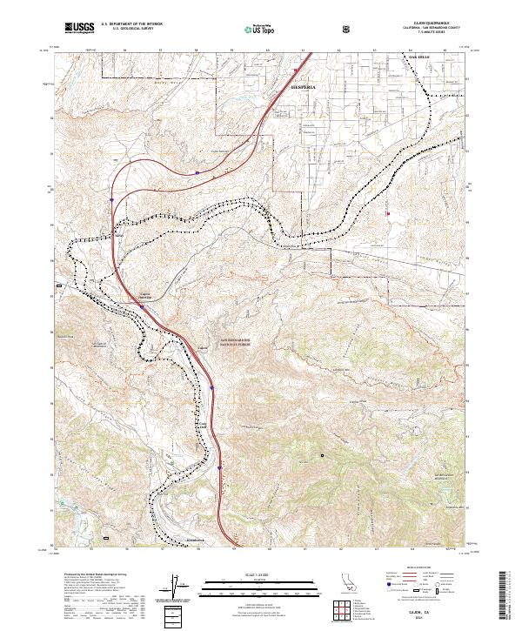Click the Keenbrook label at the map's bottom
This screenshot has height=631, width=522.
(198, 540)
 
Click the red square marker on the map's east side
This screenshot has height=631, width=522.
(388, 214)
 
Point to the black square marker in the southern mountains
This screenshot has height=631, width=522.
(322, 454)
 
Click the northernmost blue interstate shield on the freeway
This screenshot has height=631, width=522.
(197, 173)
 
